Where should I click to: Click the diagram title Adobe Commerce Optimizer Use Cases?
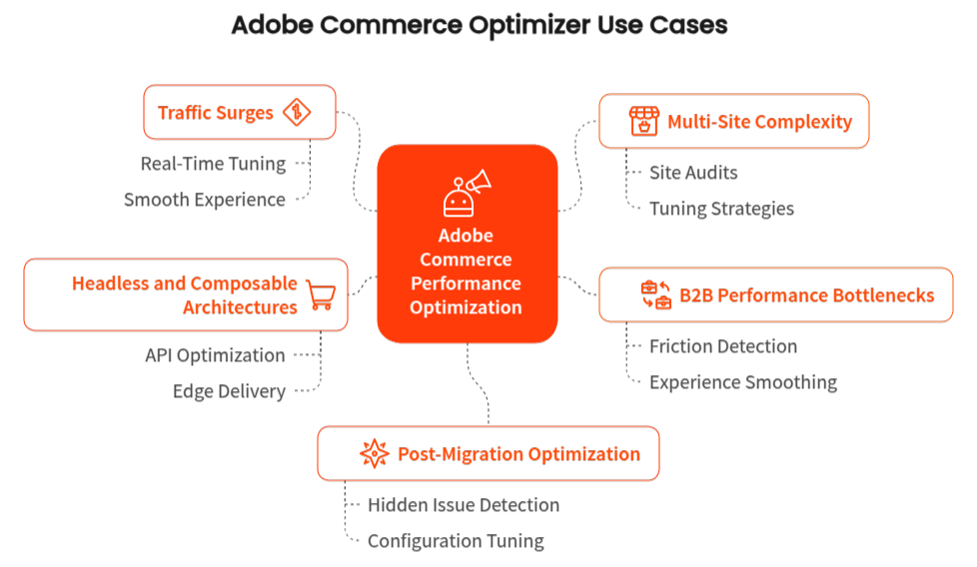pyautogui.click(x=480, y=24)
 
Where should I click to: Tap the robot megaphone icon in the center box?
pyautogui.click(x=467, y=192)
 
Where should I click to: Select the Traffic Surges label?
pyautogui.click(x=215, y=113)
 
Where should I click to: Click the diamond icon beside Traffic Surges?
pyautogui.click(x=296, y=113)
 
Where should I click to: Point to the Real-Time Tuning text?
pyautogui.click(x=213, y=164)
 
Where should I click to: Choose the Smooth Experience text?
pyautogui.click(x=205, y=200)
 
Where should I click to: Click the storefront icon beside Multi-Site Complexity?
pyautogui.click(x=643, y=122)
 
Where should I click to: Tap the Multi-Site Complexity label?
pyautogui.click(x=759, y=122)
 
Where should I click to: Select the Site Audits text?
pyautogui.click(x=693, y=173)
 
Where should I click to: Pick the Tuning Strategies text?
pyautogui.click(x=721, y=209)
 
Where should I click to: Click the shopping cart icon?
pyautogui.click(x=321, y=294)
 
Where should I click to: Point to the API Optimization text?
pyautogui.click(x=215, y=355)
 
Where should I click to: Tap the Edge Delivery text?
pyautogui.click(x=229, y=391)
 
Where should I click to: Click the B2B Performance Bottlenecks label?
pyautogui.click(x=806, y=294)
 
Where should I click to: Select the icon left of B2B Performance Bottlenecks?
pyautogui.click(x=656, y=294)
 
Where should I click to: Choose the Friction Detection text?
pyautogui.click(x=723, y=346)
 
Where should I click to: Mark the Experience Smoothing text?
pyautogui.click(x=743, y=382)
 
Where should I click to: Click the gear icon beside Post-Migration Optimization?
pyautogui.click(x=374, y=453)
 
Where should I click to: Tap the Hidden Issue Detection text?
pyautogui.click(x=463, y=505)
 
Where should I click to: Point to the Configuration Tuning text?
pyautogui.click(x=456, y=541)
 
